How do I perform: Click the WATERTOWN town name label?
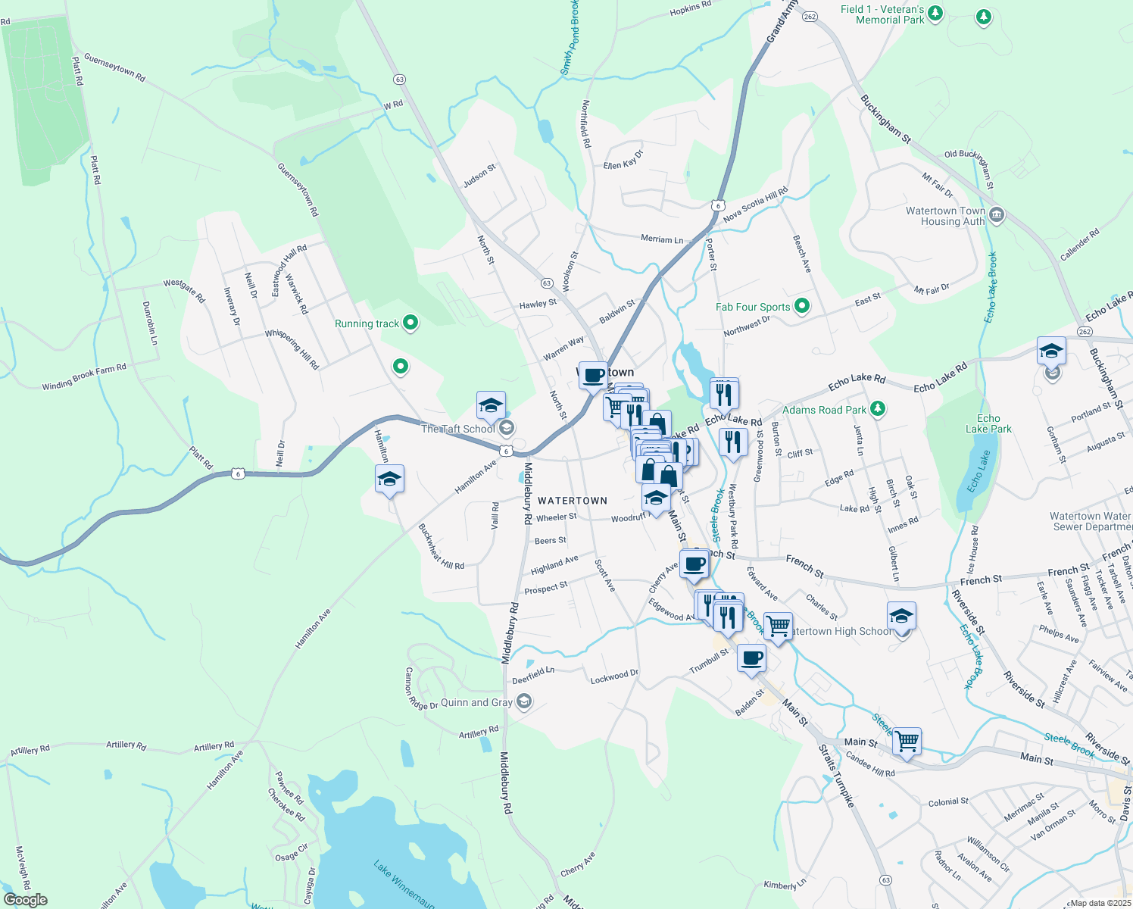click(573, 501)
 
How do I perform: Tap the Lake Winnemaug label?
click(404, 883)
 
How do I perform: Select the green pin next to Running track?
click(410, 323)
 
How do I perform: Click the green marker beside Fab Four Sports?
click(802, 307)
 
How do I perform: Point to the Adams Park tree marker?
click(878, 410)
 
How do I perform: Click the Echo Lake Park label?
click(988, 423)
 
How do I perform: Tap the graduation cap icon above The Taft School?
click(491, 405)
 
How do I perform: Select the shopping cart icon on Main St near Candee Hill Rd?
click(907, 741)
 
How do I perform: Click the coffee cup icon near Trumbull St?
click(751, 658)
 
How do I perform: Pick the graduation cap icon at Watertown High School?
click(901, 616)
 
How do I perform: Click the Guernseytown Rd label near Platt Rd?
click(114, 67)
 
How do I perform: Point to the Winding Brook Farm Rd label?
click(84, 376)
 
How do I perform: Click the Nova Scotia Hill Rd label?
click(755, 205)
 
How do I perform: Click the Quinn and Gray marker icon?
click(523, 702)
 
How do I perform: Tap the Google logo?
click(25, 900)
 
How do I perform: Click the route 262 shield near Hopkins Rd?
click(809, 17)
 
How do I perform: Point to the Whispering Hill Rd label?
click(292, 349)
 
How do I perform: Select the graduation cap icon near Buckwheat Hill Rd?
click(389, 479)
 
